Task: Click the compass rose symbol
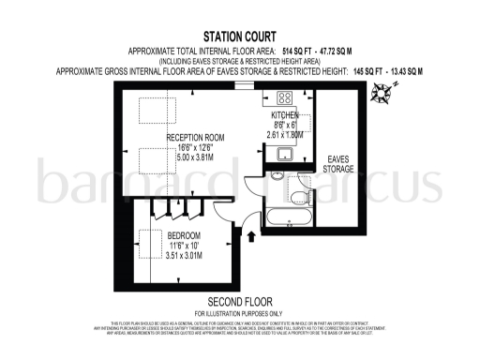[x=382, y=91]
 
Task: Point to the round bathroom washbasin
[x=278, y=175]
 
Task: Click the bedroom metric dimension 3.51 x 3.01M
[x=178, y=255]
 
